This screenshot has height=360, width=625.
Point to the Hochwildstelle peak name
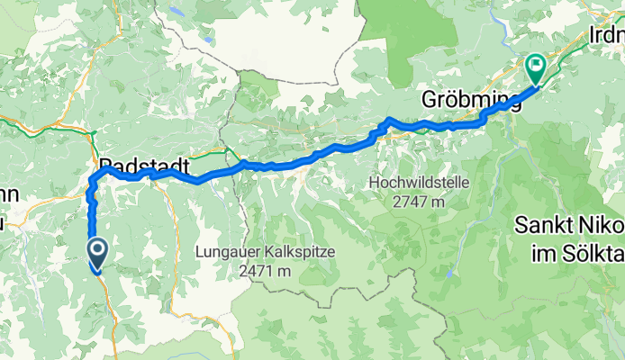point(419,184)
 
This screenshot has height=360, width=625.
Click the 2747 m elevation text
point(419,202)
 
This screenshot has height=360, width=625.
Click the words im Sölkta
point(575,247)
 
